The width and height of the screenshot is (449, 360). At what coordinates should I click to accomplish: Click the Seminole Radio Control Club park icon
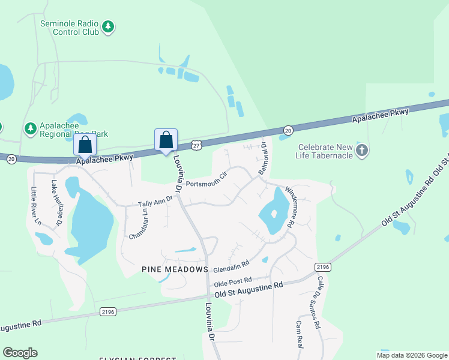(x=108, y=26)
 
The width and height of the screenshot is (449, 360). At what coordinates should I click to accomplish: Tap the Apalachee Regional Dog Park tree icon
(x=30, y=128)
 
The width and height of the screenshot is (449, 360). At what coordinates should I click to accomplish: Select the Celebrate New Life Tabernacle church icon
(x=361, y=150)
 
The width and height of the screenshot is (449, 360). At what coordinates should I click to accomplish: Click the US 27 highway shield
(x=197, y=145)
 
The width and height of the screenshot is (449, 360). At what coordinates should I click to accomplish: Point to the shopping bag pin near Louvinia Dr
(x=166, y=141)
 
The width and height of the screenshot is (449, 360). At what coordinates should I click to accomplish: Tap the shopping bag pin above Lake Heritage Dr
(x=85, y=146)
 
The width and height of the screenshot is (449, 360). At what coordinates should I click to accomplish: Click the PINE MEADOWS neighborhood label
(x=175, y=269)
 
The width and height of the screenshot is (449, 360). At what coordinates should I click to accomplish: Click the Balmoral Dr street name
(x=265, y=161)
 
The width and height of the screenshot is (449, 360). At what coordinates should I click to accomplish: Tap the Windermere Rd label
(x=289, y=206)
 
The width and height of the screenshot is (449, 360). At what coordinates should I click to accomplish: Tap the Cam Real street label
(x=299, y=335)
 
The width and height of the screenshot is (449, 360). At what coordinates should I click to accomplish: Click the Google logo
(x=20, y=353)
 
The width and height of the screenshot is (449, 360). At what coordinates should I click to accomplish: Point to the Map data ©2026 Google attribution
(x=412, y=355)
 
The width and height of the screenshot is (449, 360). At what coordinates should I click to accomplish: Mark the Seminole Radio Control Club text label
(x=70, y=28)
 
